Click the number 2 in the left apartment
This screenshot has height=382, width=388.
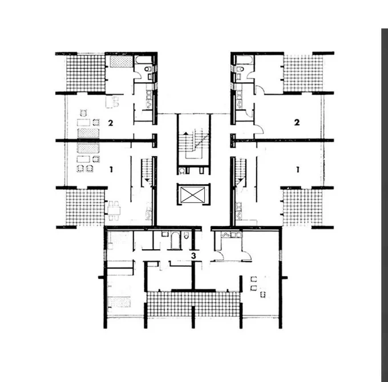pos(111,123)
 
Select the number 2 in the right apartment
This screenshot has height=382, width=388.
pos(297,122)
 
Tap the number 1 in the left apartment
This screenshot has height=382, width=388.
pos(111,169)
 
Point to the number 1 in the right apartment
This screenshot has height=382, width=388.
pos(298,169)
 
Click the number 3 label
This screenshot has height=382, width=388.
pos(193,255)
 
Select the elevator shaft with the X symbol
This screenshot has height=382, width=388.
pos(193,195)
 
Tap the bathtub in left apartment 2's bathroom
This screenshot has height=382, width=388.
pos(143,60)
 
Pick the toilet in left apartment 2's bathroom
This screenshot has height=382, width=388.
pos(148,69)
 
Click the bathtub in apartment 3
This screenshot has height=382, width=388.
pos(175,241)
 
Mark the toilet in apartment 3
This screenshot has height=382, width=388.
pos(187,235)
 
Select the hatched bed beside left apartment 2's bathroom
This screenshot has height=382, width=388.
pos(122,62)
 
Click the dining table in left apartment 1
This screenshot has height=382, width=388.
pos(114,210)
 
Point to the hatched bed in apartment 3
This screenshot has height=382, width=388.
pos(119,302)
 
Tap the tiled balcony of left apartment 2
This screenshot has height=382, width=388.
pos(86,73)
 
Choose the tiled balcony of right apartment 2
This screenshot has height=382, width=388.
pos(304,73)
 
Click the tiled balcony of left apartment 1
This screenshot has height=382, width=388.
pos(85,208)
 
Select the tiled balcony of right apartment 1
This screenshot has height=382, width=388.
pos(303,208)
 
